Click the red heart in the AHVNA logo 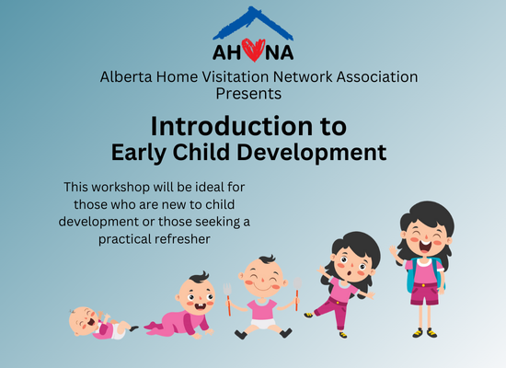pyautogui.click(x=253, y=50)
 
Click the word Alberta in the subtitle pyautogui.click(x=126, y=77)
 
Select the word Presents pyautogui.click(x=248, y=94)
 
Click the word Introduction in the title pyautogui.click(x=231, y=126)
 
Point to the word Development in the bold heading pyautogui.click(x=311, y=153)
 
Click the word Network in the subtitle pyautogui.click(x=303, y=77)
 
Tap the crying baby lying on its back pyautogui.click(x=101, y=323)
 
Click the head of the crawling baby pyautogui.click(x=196, y=293)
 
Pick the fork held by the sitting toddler pyautogui.click(x=228, y=299)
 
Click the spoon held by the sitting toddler pyautogui.click(x=297, y=293)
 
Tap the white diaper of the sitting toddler pyautogui.click(x=263, y=324)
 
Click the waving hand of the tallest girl pyautogui.click(x=393, y=250)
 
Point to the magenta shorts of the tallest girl pyautogui.click(x=425, y=293)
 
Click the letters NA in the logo pyautogui.click(x=280, y=52)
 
